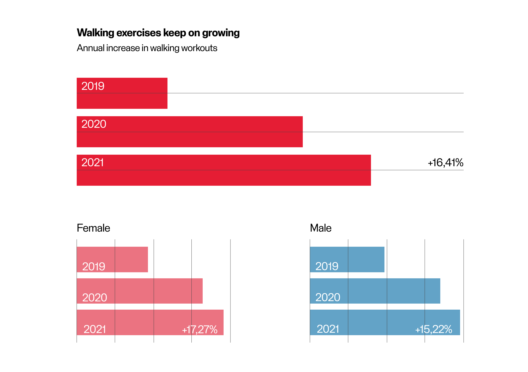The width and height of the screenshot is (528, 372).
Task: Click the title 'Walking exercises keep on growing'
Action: pyautogui.click(x=158, y=33)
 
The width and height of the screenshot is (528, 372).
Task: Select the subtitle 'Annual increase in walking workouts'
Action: pyautogui.click(x=147, y=48)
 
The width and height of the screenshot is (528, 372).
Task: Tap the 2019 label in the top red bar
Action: pyautogui.click(x=93, y=86)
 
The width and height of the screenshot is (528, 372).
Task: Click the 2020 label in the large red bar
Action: pyautogui.click(x=94, y=124)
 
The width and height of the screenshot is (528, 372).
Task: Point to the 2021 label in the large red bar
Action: pyautogui.click(x=92, y=163)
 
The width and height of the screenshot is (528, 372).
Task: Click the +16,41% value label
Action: pyautogui.click(x=446, y=163)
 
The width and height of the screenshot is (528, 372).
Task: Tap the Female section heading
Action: pyautogui.click(x=93, y=228)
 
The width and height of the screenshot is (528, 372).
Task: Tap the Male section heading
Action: pyautogui.click(x=321, y=228)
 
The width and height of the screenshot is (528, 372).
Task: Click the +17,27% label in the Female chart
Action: pyautogui.click(x=200, y=329)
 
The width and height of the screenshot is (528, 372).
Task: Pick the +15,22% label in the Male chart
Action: pyautogui.click(x=433, y=329)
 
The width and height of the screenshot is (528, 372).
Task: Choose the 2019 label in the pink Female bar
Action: pyautogui.click(x=94, y=266)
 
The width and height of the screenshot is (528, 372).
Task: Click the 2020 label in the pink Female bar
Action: pyautogui.click(x=95, y=298)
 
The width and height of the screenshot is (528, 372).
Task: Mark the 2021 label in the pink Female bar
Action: pyautogui.click(x=95, y=329)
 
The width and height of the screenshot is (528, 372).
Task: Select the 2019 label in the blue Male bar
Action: pyautogui.click(x=327, y=266)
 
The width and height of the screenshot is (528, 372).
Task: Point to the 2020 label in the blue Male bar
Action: pyautogui.click(x=328, y=297)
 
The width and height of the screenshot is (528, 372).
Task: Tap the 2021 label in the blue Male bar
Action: pyautogui.click(x=328, y=329)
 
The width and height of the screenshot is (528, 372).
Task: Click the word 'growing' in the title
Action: pyautogui.click(x=221, y=33)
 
